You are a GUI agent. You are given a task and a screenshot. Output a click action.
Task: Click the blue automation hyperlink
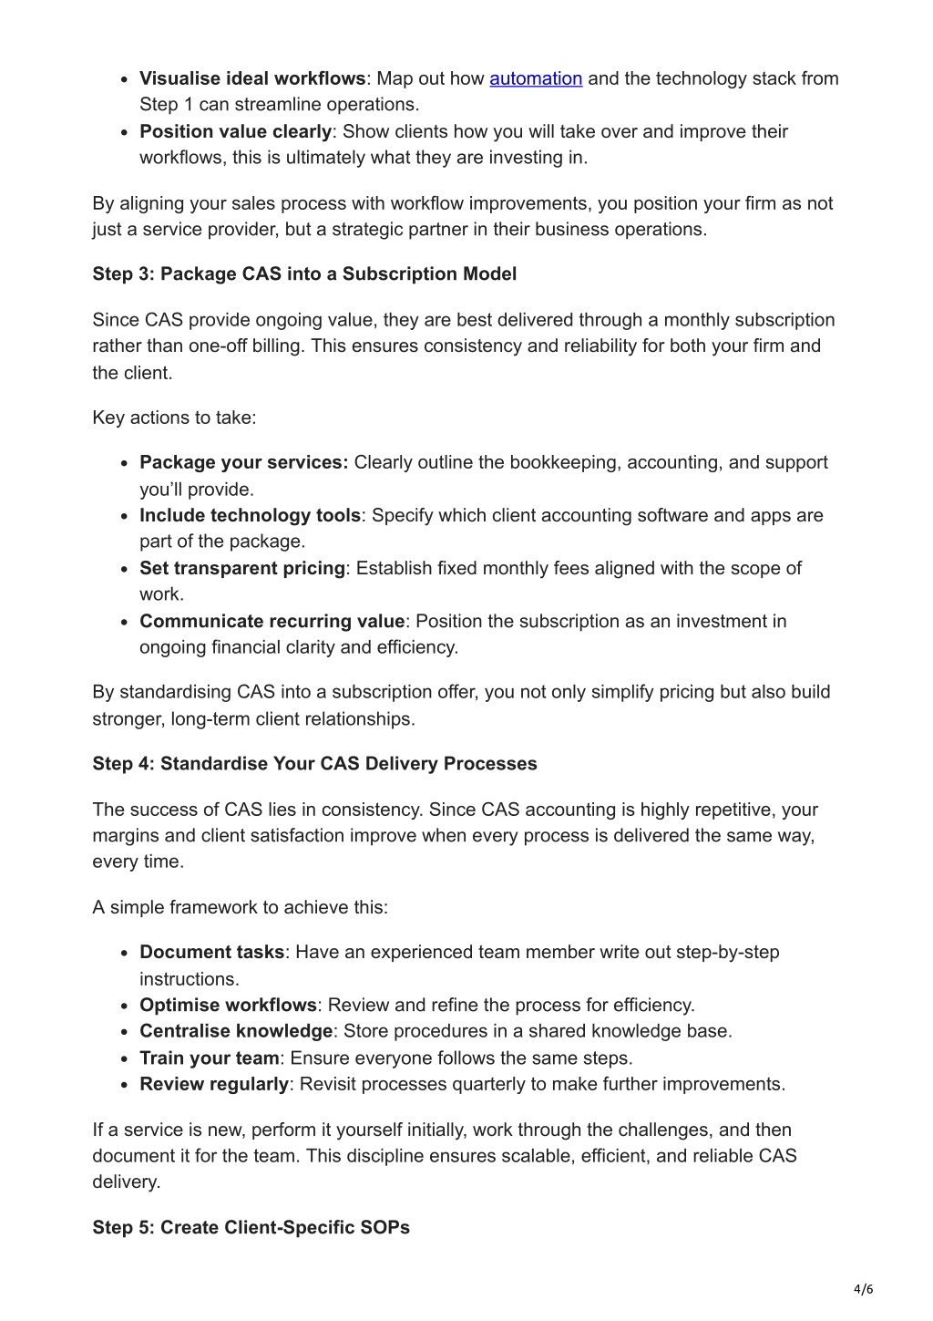[x=536, y=78]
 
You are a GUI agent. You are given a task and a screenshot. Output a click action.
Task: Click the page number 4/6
[x=863, y=1288]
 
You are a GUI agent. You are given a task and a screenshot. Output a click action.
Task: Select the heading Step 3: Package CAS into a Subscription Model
[x=304, y=273]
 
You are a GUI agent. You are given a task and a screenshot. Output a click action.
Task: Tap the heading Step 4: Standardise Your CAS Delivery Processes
[x=314, y=763]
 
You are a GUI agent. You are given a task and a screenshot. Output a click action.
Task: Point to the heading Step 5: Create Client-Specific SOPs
[x=251, y=1227]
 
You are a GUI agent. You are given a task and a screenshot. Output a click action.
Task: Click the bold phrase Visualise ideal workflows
[x=252, y=78]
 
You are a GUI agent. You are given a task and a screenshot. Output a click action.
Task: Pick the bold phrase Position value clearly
[x=235, y=131]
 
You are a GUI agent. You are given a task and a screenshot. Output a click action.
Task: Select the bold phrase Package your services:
[x=244, y=462]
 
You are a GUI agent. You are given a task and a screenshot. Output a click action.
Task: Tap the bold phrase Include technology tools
[x=250, y=515]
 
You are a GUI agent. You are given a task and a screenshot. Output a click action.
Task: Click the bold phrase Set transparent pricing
[x=242, y=568]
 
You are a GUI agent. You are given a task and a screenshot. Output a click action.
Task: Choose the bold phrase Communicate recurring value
[x=272, y=621]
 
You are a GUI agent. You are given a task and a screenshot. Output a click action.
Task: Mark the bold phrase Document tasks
[x=211, y=952]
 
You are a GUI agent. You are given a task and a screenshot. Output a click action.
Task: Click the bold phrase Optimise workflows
[x=228, y=1005]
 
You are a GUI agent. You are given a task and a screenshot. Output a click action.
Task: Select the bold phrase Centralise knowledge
[x=236, y=1031]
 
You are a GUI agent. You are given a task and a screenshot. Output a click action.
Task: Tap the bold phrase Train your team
[x=209, y=1058]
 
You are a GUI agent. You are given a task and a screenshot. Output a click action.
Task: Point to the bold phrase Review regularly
[x=214, y=1084]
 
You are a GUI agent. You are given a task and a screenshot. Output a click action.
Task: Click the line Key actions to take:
[x=174, y=418]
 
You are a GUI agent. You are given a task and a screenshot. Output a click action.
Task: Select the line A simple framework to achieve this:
[x=240, y=907]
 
